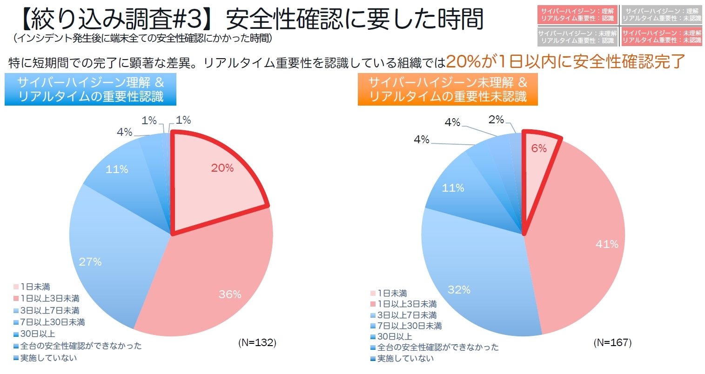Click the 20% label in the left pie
tap(222, 168)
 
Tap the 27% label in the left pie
tap(90, 262)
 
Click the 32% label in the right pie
tap(459, 290)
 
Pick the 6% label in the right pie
tap(539, 148)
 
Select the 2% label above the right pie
tap(497, 120)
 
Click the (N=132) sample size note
tap(257, 343)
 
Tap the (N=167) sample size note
tap(612, 343)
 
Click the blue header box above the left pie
tap(91, 89)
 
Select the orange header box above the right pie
tap(448, 89)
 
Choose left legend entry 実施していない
tap(48, 358)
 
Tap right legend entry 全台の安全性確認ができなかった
tap(437, 347)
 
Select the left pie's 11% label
tap(117, 169)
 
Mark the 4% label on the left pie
tap(124, 133)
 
